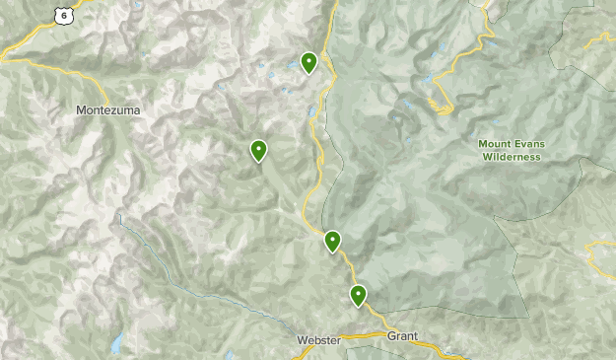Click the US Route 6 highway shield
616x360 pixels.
[x=63, y=15]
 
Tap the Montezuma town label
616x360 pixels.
[x=107, y=110]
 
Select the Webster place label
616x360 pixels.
[x=318, y=340]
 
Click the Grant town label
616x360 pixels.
[x=402, y=336]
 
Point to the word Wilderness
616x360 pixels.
[x=510, y=157]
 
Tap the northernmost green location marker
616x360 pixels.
[x=308, y=62]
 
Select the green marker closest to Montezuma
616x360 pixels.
[x=258, y=150]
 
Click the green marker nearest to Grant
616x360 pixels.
[x=358, y=295]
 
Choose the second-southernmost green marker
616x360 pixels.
[x=333, y=241]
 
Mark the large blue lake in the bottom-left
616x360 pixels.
[x=117, y=344]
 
